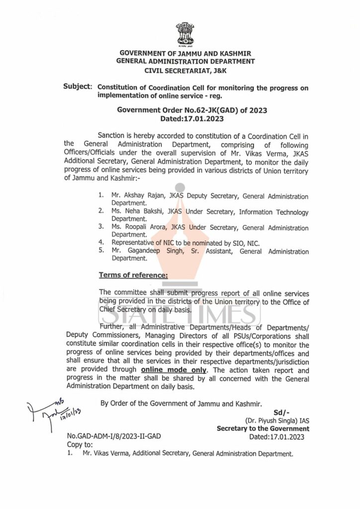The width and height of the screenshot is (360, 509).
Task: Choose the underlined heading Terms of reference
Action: point(134,275)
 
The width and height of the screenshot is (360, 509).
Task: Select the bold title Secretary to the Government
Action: point(263,428)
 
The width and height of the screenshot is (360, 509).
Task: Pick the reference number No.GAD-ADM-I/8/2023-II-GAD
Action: point(114,437)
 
